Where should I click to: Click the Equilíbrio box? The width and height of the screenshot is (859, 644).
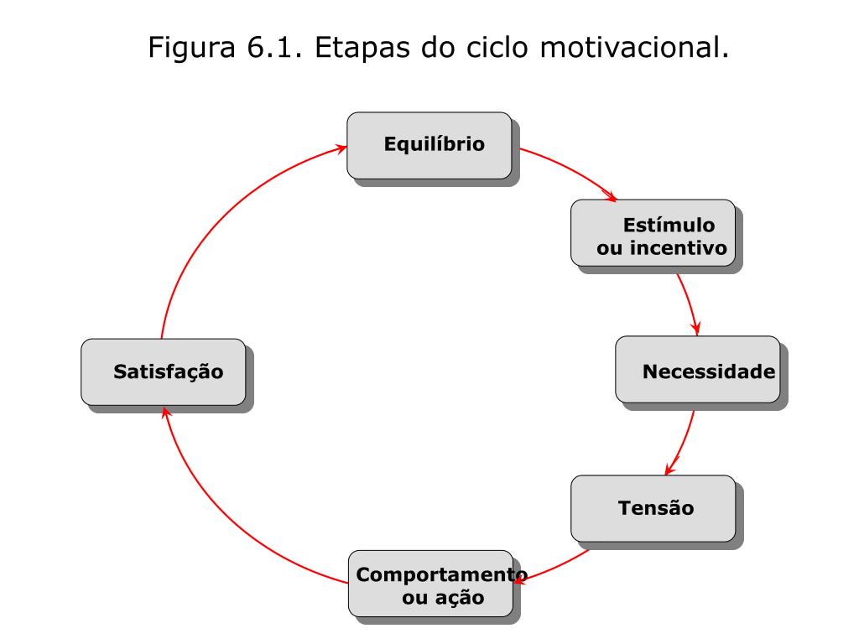[429, 145]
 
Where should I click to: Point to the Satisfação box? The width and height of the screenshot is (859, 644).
[164, 371]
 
